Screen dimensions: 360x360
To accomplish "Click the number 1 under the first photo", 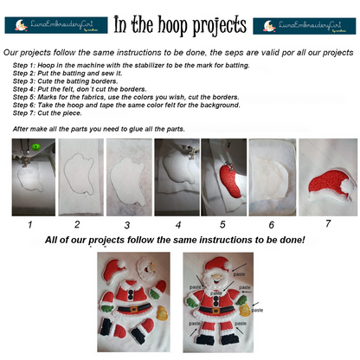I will tap(30, 222).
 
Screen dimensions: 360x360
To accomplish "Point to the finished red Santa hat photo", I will tap(327, 177).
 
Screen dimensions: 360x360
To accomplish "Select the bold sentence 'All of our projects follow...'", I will tap(179, 239).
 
